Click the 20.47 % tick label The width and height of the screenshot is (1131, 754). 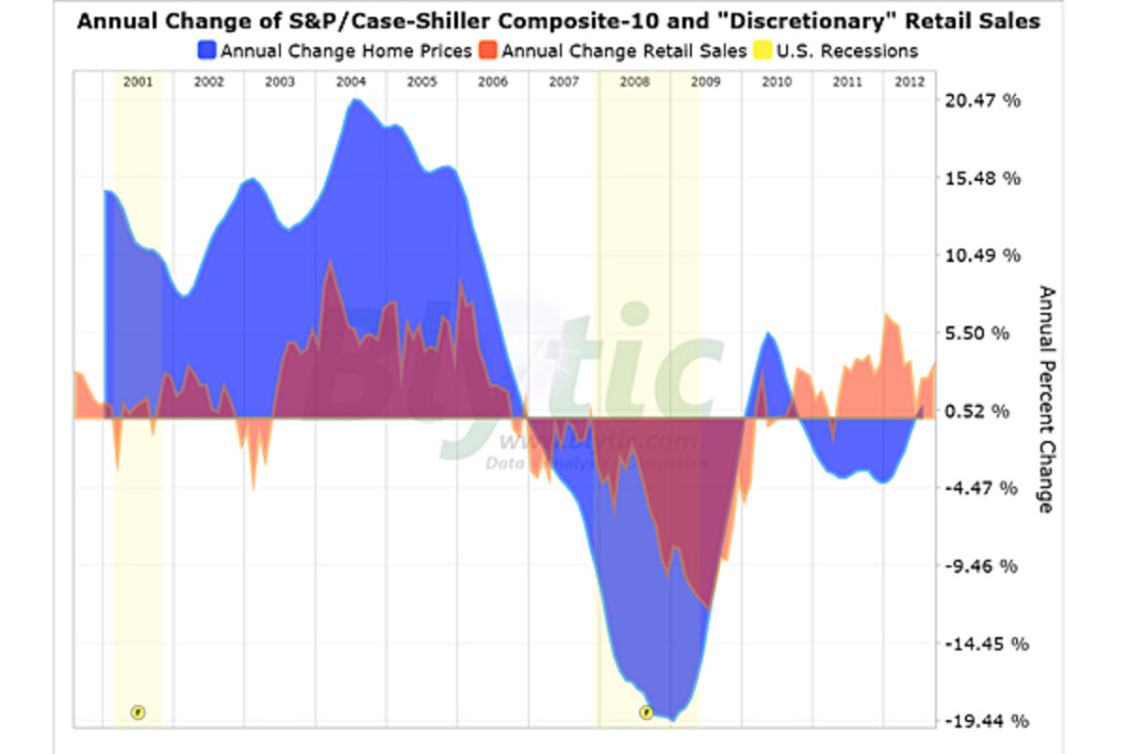point(982,101)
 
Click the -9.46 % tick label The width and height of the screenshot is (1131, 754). point(983,566)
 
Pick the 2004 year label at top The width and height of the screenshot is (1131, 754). point(351,82)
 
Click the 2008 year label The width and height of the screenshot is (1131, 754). point(634,82)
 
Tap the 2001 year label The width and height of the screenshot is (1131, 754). point(138,82)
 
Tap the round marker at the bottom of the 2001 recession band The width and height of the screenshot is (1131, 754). point(138,712)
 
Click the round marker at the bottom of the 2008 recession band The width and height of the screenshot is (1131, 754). point(646,712)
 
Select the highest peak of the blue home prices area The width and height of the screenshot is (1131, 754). point(352,99)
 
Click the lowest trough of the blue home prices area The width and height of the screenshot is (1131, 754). point(671,719)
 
